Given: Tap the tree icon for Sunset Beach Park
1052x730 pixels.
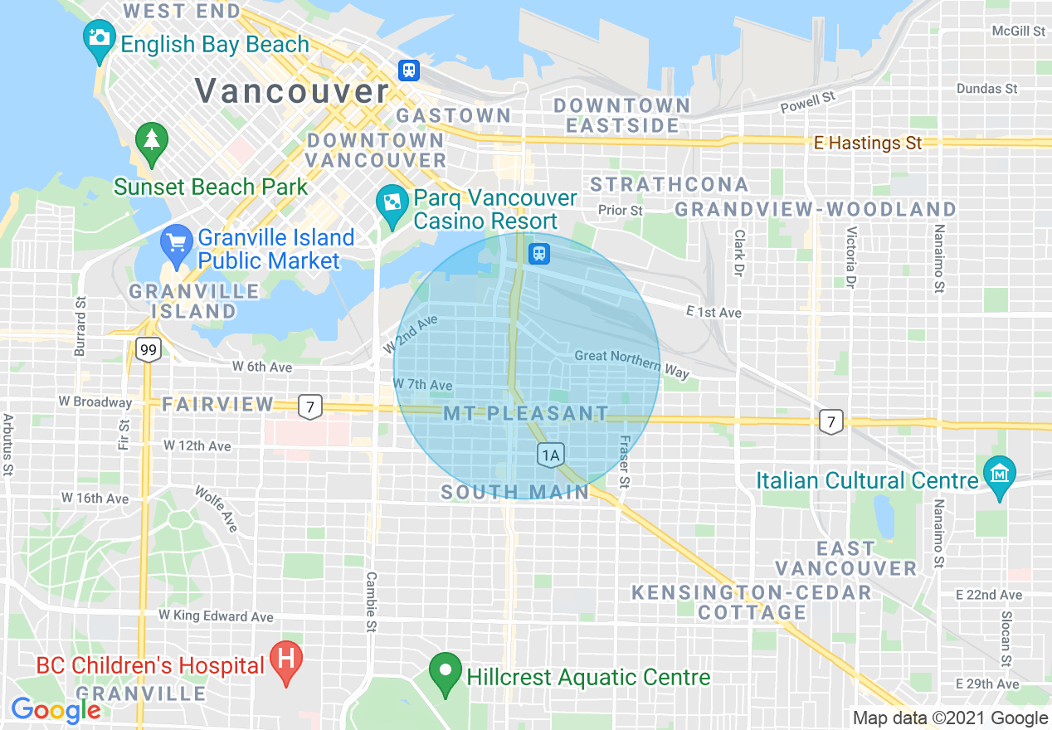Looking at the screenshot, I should pyautogui.click(x=151, y=140).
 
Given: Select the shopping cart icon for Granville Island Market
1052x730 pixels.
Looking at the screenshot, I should pyautogui.click(x=176, y=242).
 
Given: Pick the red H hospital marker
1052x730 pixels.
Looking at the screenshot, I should pyautogui.click(x=286, y=659).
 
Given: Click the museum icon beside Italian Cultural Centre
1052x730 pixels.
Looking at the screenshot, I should pyautogui.click(x=1000, y=474).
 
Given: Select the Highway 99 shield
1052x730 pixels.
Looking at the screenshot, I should pyautogui.click(x=149, y=350).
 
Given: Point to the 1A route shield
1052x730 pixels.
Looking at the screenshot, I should pyautogui.click(x=550, y=454).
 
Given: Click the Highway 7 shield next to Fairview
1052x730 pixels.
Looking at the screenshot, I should pyautogui.click(x=310, y=406).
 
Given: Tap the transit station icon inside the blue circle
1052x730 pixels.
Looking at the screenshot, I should pyautogui.click(x=540, y=253).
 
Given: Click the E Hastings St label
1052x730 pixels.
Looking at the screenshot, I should pyautogui.click(x=868, y=144).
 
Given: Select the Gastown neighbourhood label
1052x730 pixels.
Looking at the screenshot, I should pyautogui.click(x=453, y=115).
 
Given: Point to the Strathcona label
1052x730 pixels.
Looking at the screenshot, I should pyautogui.click(x=670, y=184).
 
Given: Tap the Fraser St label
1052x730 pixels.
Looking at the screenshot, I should pyautogui.click(x=625, y=461).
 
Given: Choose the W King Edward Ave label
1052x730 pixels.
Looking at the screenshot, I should pyautogui.click(x=216, y=616).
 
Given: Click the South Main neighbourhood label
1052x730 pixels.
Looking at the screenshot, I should pyautogui.click(x=514, y=492).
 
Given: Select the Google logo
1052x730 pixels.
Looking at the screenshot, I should pyautogui.click(x=56, y=710).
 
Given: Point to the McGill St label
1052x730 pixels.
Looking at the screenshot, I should pyautogui.click(x=1019, y=31).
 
